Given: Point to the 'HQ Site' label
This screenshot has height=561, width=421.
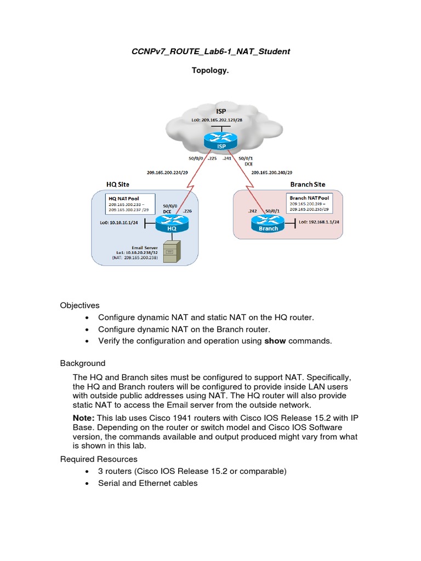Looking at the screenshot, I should (117, 185).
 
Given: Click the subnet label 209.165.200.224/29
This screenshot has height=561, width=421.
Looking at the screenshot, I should (166, 173).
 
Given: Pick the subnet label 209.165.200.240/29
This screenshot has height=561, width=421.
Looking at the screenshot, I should (271, 173).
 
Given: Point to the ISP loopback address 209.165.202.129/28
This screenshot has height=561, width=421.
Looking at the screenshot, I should (221, 119).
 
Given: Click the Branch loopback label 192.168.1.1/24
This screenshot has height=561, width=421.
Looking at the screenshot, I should (321, 222).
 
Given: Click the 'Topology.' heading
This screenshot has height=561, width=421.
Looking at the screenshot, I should (210, 70).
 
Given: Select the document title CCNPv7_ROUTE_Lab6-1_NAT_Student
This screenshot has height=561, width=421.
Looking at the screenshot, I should (210, 51).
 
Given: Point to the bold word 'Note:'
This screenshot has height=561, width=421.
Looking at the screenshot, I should (84, 418).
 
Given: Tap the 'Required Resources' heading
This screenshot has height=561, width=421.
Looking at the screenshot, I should (99, 459).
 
